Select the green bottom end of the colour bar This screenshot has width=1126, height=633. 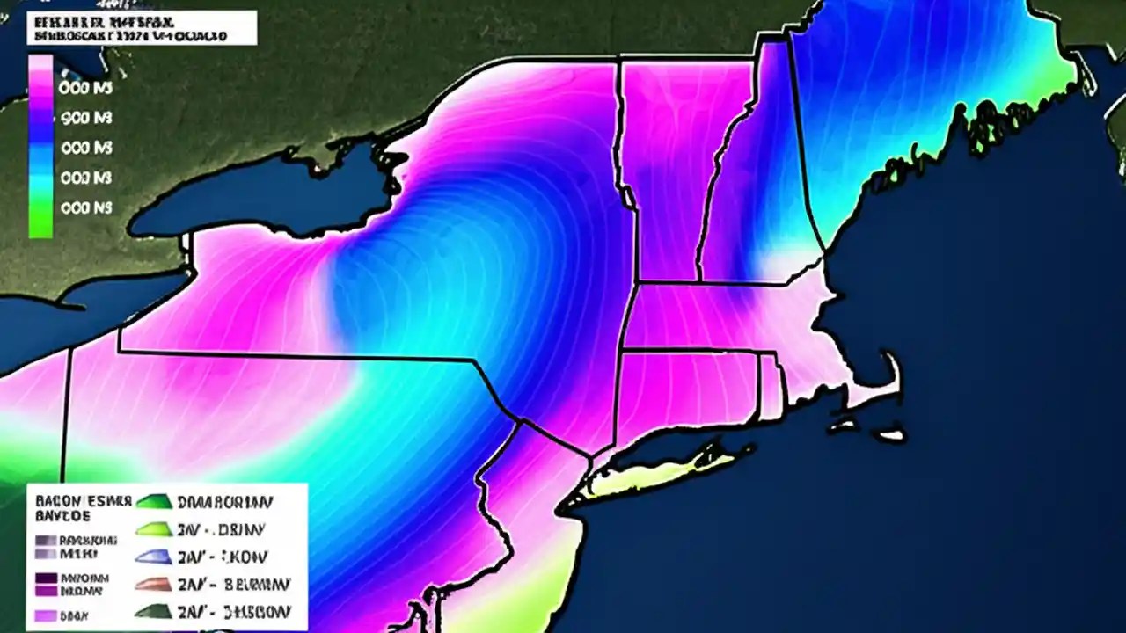[40, 227]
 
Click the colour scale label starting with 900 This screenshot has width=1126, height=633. [84, 118]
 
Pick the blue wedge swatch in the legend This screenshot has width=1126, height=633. [151, 557]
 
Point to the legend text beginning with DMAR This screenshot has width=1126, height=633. [224, 503]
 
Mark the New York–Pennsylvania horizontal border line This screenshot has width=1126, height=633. [299, 356]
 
